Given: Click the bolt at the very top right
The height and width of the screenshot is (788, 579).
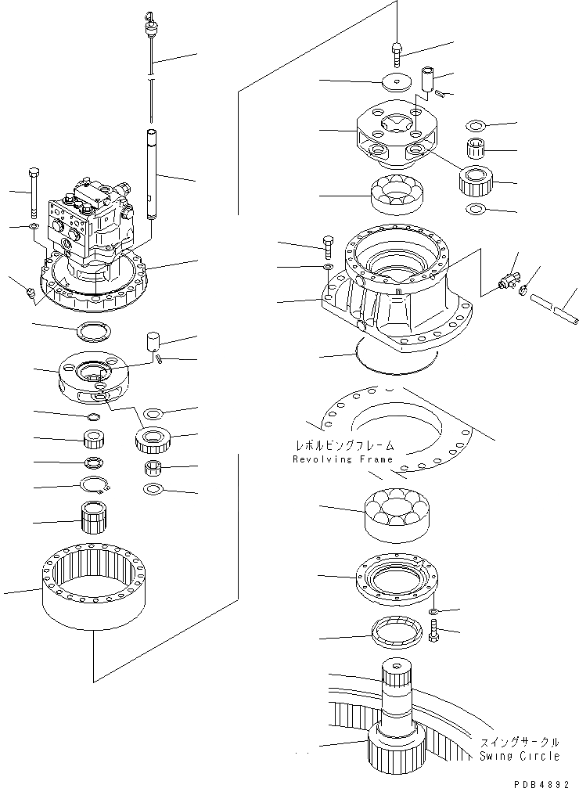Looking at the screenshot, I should coord(397,53).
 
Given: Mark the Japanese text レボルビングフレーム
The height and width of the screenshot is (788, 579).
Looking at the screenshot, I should coord(343,446).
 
